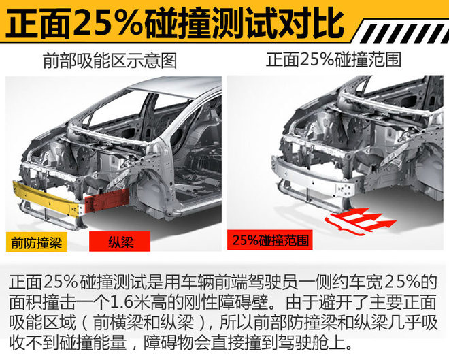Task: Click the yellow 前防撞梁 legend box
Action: [37, 242]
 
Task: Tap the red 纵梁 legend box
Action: [120, 242]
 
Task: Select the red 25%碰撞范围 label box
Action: [270, 240]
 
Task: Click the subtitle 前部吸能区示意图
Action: [110, 61]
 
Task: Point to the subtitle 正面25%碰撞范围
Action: [333, 60]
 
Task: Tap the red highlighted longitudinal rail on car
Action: [107, 200]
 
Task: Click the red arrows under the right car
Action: [361, 220]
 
